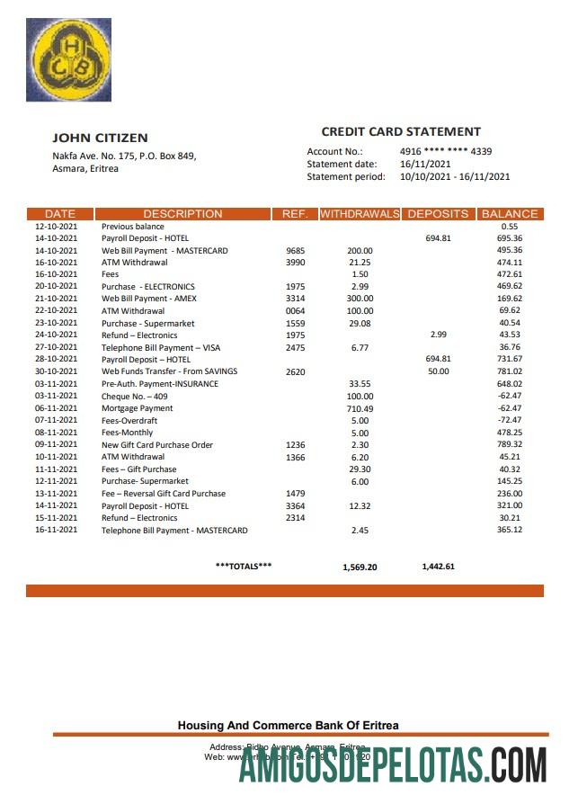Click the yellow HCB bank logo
tap(71, 59)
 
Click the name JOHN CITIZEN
tap(100, 138)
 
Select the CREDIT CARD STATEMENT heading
tap(401, 131)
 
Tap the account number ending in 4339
tap(445, 151)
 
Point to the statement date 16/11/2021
tap(425, 164)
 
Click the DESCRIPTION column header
tap(182, 214)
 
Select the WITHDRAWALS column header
tap(360, 214)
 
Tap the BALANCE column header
tap(510, 214)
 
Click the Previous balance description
tap(133, 227)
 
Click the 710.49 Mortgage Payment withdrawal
tap(360, 408)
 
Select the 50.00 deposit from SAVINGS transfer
tap(438, 371)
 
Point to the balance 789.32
tap(510, 444)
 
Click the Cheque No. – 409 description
tap(135, 397)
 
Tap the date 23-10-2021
tap(56, 323)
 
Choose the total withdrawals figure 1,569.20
tap(360, 567)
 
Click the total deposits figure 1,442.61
tap(438, 567)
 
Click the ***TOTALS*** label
tap(244, 566)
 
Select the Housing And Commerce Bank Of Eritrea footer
tap(288, 725)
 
